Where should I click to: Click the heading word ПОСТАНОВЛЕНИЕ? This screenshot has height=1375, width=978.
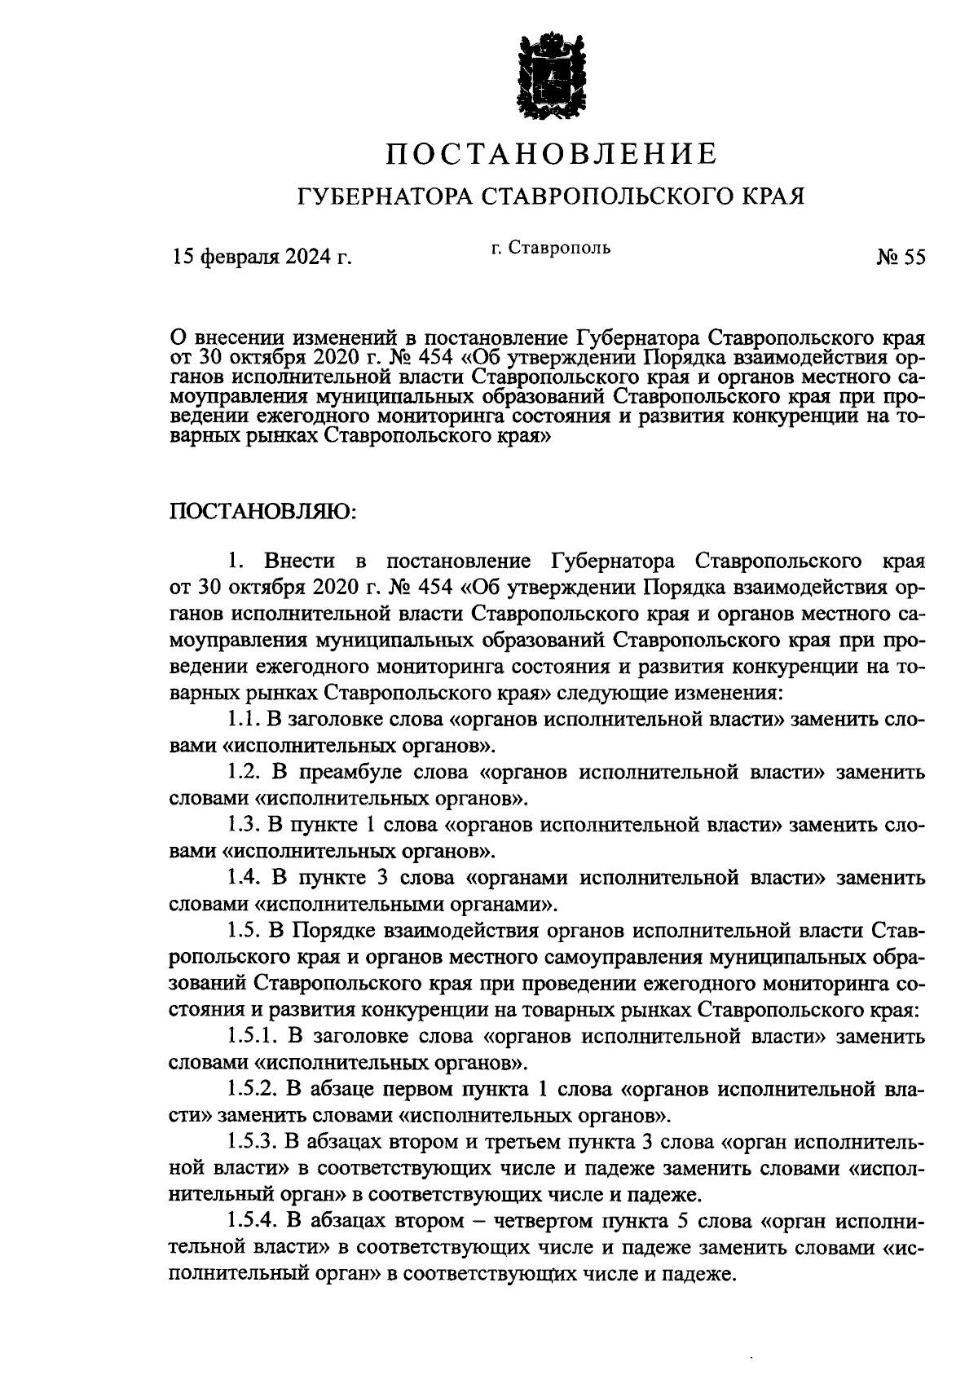(551, 153)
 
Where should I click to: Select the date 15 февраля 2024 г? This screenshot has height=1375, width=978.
(261, 258)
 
